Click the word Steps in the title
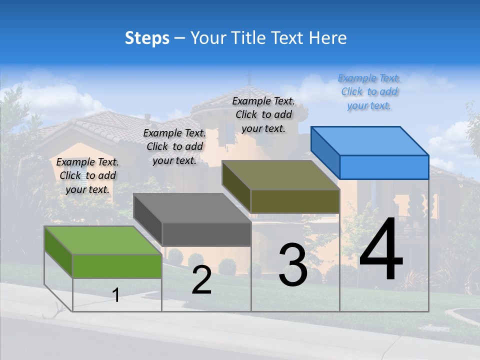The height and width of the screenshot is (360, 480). point(146,38)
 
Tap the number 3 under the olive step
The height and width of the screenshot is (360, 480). point(292,265)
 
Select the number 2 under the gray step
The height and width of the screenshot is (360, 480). point(201,280)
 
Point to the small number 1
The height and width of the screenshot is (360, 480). point(116,295)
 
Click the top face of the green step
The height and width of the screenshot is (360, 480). point(102,240)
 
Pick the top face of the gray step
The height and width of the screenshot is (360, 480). point(192,207)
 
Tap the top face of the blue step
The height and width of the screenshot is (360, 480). point(370,140)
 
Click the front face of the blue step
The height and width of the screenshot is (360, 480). point(384,167)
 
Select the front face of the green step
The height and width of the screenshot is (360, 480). point(117,266)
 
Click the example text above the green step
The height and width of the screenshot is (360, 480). point(87,175)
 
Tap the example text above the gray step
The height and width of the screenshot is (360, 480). point(174,146)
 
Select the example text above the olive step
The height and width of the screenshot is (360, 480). point(263,114)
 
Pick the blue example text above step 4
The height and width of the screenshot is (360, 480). point(369,91)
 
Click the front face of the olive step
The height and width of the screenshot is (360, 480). point(295,201)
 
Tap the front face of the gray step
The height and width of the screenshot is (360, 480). point(206,234)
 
